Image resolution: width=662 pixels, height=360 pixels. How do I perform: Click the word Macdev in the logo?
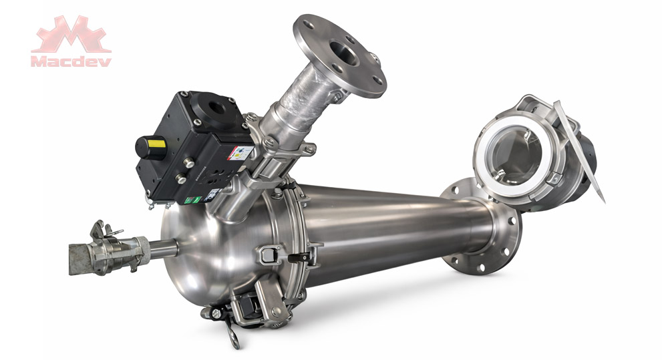click(71, 61)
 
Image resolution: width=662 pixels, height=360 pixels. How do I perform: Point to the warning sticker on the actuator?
click(243, 154)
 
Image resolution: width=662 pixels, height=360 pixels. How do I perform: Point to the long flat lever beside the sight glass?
click(578, 150)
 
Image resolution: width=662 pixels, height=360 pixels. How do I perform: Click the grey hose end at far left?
click(79, 258)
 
